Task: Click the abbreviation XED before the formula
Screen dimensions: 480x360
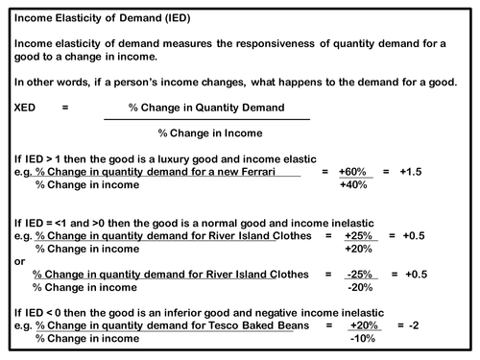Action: pos(26,108)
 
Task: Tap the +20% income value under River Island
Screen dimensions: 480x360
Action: pos(360,249)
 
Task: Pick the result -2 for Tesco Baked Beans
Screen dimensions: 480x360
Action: pos(415,325)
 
